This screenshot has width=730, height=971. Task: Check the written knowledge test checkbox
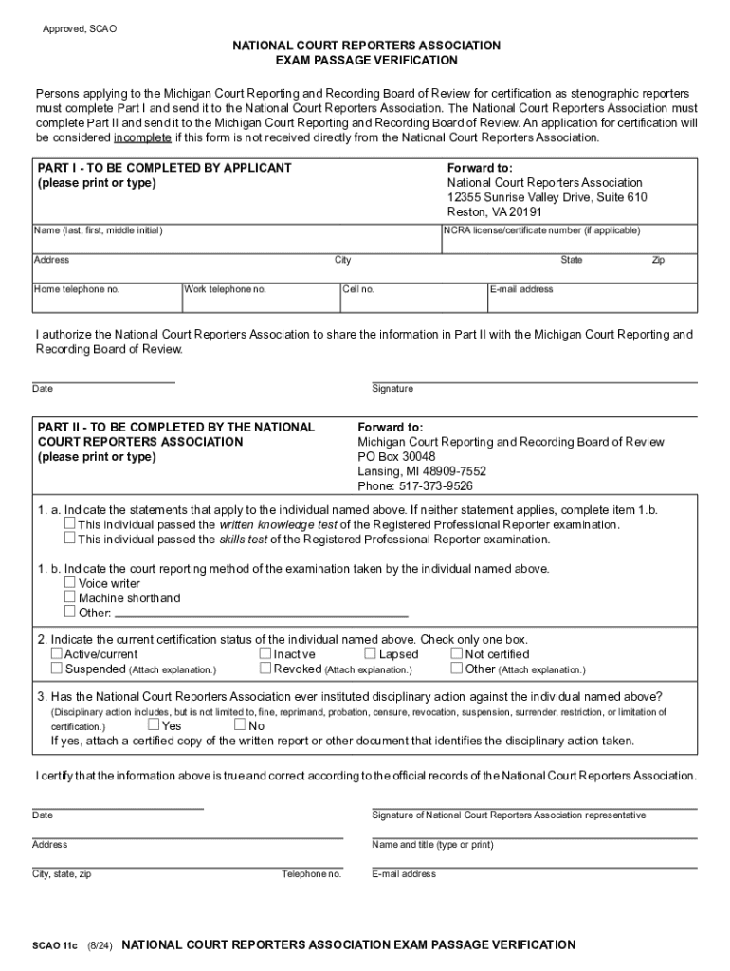click(69, 523)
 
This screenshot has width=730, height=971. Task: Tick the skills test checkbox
click(69, 539)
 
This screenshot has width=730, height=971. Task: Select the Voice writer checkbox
click(69, 583)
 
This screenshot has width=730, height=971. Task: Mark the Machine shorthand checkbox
click(69, 597)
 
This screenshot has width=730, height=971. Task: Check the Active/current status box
click(57, 653)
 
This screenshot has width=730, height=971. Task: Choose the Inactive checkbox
click(265, 653)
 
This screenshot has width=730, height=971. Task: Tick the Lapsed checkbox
click(370, 653)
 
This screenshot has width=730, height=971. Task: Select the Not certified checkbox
click(456, 653)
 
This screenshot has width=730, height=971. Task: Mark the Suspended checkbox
click(57, 669)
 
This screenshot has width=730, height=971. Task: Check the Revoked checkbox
click(265, 669)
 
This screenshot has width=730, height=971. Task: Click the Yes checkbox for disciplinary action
click(155, 725)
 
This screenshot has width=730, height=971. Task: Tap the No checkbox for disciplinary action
click(240, 725)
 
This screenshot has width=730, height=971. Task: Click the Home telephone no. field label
click(77, 289)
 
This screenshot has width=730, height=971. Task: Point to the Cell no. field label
click(359, 289)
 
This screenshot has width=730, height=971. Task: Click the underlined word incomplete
click(142, 137)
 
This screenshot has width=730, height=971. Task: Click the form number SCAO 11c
click(54, 945)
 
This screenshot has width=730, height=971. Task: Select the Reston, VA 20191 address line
click(495, 212)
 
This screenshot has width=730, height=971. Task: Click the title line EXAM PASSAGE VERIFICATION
click(366, 60)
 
